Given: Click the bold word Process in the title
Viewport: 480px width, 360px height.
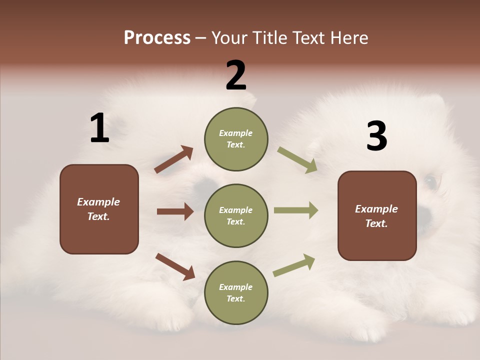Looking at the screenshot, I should [x=157, y=38].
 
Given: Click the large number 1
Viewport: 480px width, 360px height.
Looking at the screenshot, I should [x=99, y=128].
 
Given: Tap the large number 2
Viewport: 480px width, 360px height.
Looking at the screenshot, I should [x=236, y=75].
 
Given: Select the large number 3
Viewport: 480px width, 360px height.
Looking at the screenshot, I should [x=377, y=136].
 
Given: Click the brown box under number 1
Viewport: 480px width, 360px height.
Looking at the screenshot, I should [x=99, y=209].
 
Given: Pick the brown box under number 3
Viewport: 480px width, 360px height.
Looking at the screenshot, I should [x=377, y=215].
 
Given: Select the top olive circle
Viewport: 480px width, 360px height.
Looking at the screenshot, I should [x=236, y=139].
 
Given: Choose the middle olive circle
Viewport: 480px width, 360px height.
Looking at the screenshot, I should [x=236, y=215].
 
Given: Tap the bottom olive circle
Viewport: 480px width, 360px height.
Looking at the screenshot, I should [x=236, y=292].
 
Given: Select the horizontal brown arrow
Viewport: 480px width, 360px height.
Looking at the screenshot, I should [x=175, y=211].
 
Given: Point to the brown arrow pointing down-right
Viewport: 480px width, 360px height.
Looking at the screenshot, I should [x=175, y=266].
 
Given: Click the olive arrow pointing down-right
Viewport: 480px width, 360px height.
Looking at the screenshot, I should [x=297, y=160].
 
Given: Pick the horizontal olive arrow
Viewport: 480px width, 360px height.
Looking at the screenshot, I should [x=296, y=210].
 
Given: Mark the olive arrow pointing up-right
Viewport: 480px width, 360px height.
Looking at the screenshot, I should [x=294, y=265].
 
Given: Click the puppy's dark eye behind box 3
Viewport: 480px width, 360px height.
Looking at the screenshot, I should [x=430, y=181].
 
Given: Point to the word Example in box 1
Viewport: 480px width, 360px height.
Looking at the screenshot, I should [x=98, y=202].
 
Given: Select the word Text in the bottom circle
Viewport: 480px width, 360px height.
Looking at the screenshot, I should [x=235, y=298].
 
